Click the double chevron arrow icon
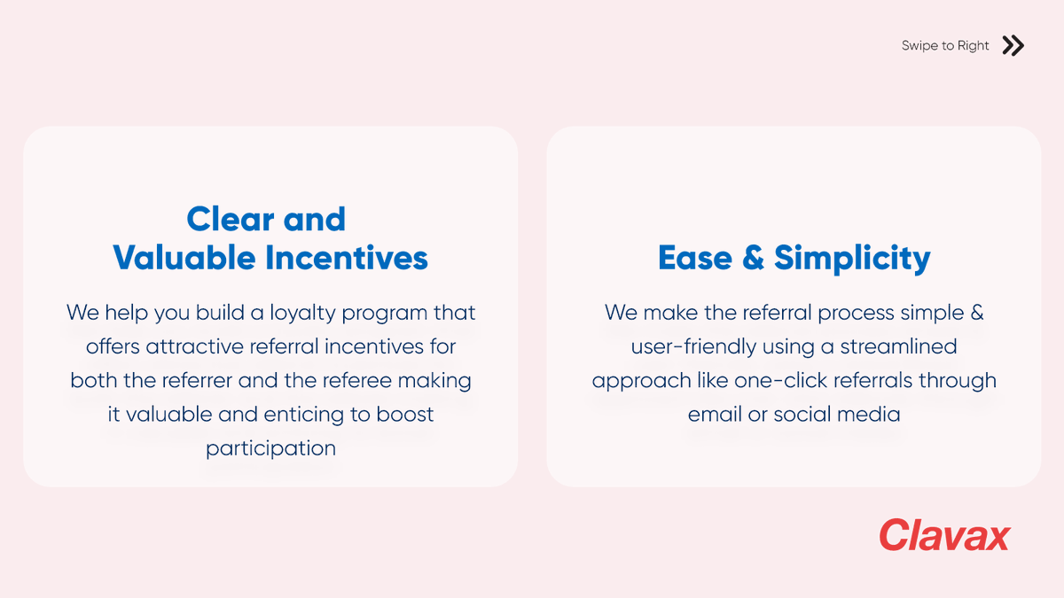point(1013,45)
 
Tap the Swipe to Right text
point(945,46)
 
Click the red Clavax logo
point(944,535)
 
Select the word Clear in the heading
point(228,219)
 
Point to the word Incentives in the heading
point(347,258)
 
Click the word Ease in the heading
point(694,258)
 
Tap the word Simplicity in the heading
point(852,259)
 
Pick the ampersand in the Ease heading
point(753,258)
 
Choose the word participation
point(270,448)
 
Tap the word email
point(715,415)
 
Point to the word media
point(871,415)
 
